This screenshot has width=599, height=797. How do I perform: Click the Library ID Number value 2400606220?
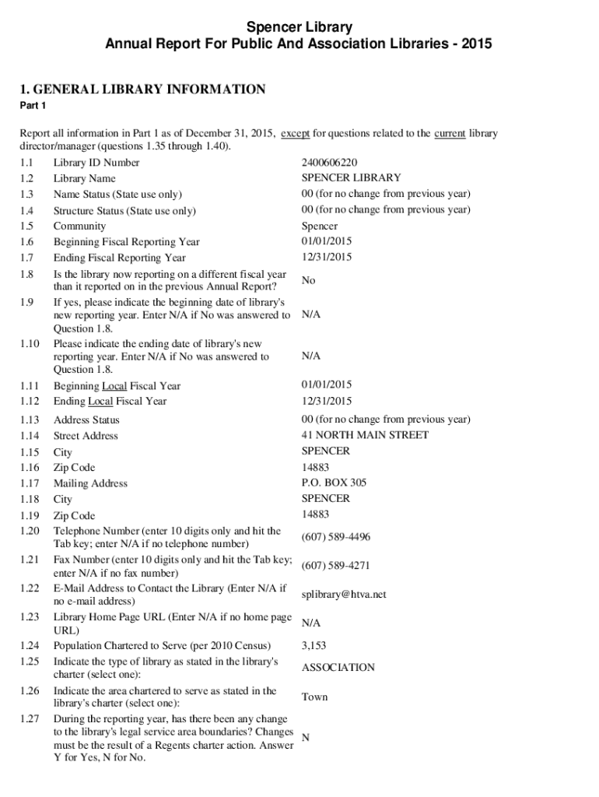[x=329, y=163]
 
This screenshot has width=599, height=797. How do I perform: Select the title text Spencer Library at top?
[x=299, y=28]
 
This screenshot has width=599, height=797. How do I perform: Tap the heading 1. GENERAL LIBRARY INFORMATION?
[x=142, y=90]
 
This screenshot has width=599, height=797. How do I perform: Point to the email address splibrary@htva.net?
[x=343, y=595]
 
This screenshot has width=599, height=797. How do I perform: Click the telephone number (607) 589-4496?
[x=335, y=537]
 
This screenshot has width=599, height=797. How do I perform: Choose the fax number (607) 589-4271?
[x=335, y=566]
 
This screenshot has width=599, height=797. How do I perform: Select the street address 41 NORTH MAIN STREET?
[x=364, y=435]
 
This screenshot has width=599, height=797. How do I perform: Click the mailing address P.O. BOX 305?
[x=334, y=483]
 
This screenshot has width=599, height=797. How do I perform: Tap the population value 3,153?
[x=314, y=645]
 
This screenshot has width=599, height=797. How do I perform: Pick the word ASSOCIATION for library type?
[x=338, y=668]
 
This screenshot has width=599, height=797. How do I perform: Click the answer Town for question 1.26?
[x=314, y=697]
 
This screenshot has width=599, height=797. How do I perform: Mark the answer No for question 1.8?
[x=308, y=280]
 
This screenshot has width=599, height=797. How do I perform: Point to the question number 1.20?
[x=30, y=531]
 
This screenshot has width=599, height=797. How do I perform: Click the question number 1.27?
[x=30, y=719]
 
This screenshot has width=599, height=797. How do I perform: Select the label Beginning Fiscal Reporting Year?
[x=126, y=242]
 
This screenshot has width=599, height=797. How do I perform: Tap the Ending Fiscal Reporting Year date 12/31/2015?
[x=327, y=257]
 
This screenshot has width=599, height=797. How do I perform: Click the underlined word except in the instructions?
[x=295, y=133]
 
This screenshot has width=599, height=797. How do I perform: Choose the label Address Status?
[x=86, y=420]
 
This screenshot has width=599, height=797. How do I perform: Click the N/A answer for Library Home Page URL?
[x=311, y=623]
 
